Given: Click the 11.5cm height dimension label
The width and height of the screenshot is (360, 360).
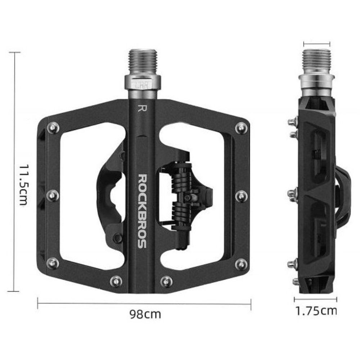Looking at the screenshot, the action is [23, 185].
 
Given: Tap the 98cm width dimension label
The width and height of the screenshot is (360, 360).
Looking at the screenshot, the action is [145, 314].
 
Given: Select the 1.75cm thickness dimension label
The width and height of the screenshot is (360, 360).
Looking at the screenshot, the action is [316, 311].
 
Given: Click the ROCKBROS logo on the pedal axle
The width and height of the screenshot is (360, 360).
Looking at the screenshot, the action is [142, 211].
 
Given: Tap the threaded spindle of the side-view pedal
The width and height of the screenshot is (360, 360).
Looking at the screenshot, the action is [316, 62].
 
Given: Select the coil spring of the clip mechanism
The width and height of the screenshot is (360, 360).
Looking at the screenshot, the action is [181, 196].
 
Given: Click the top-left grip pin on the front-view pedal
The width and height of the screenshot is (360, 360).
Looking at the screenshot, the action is [53, 128].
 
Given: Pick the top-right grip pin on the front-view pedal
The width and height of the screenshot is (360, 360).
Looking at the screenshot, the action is [241, 128].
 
